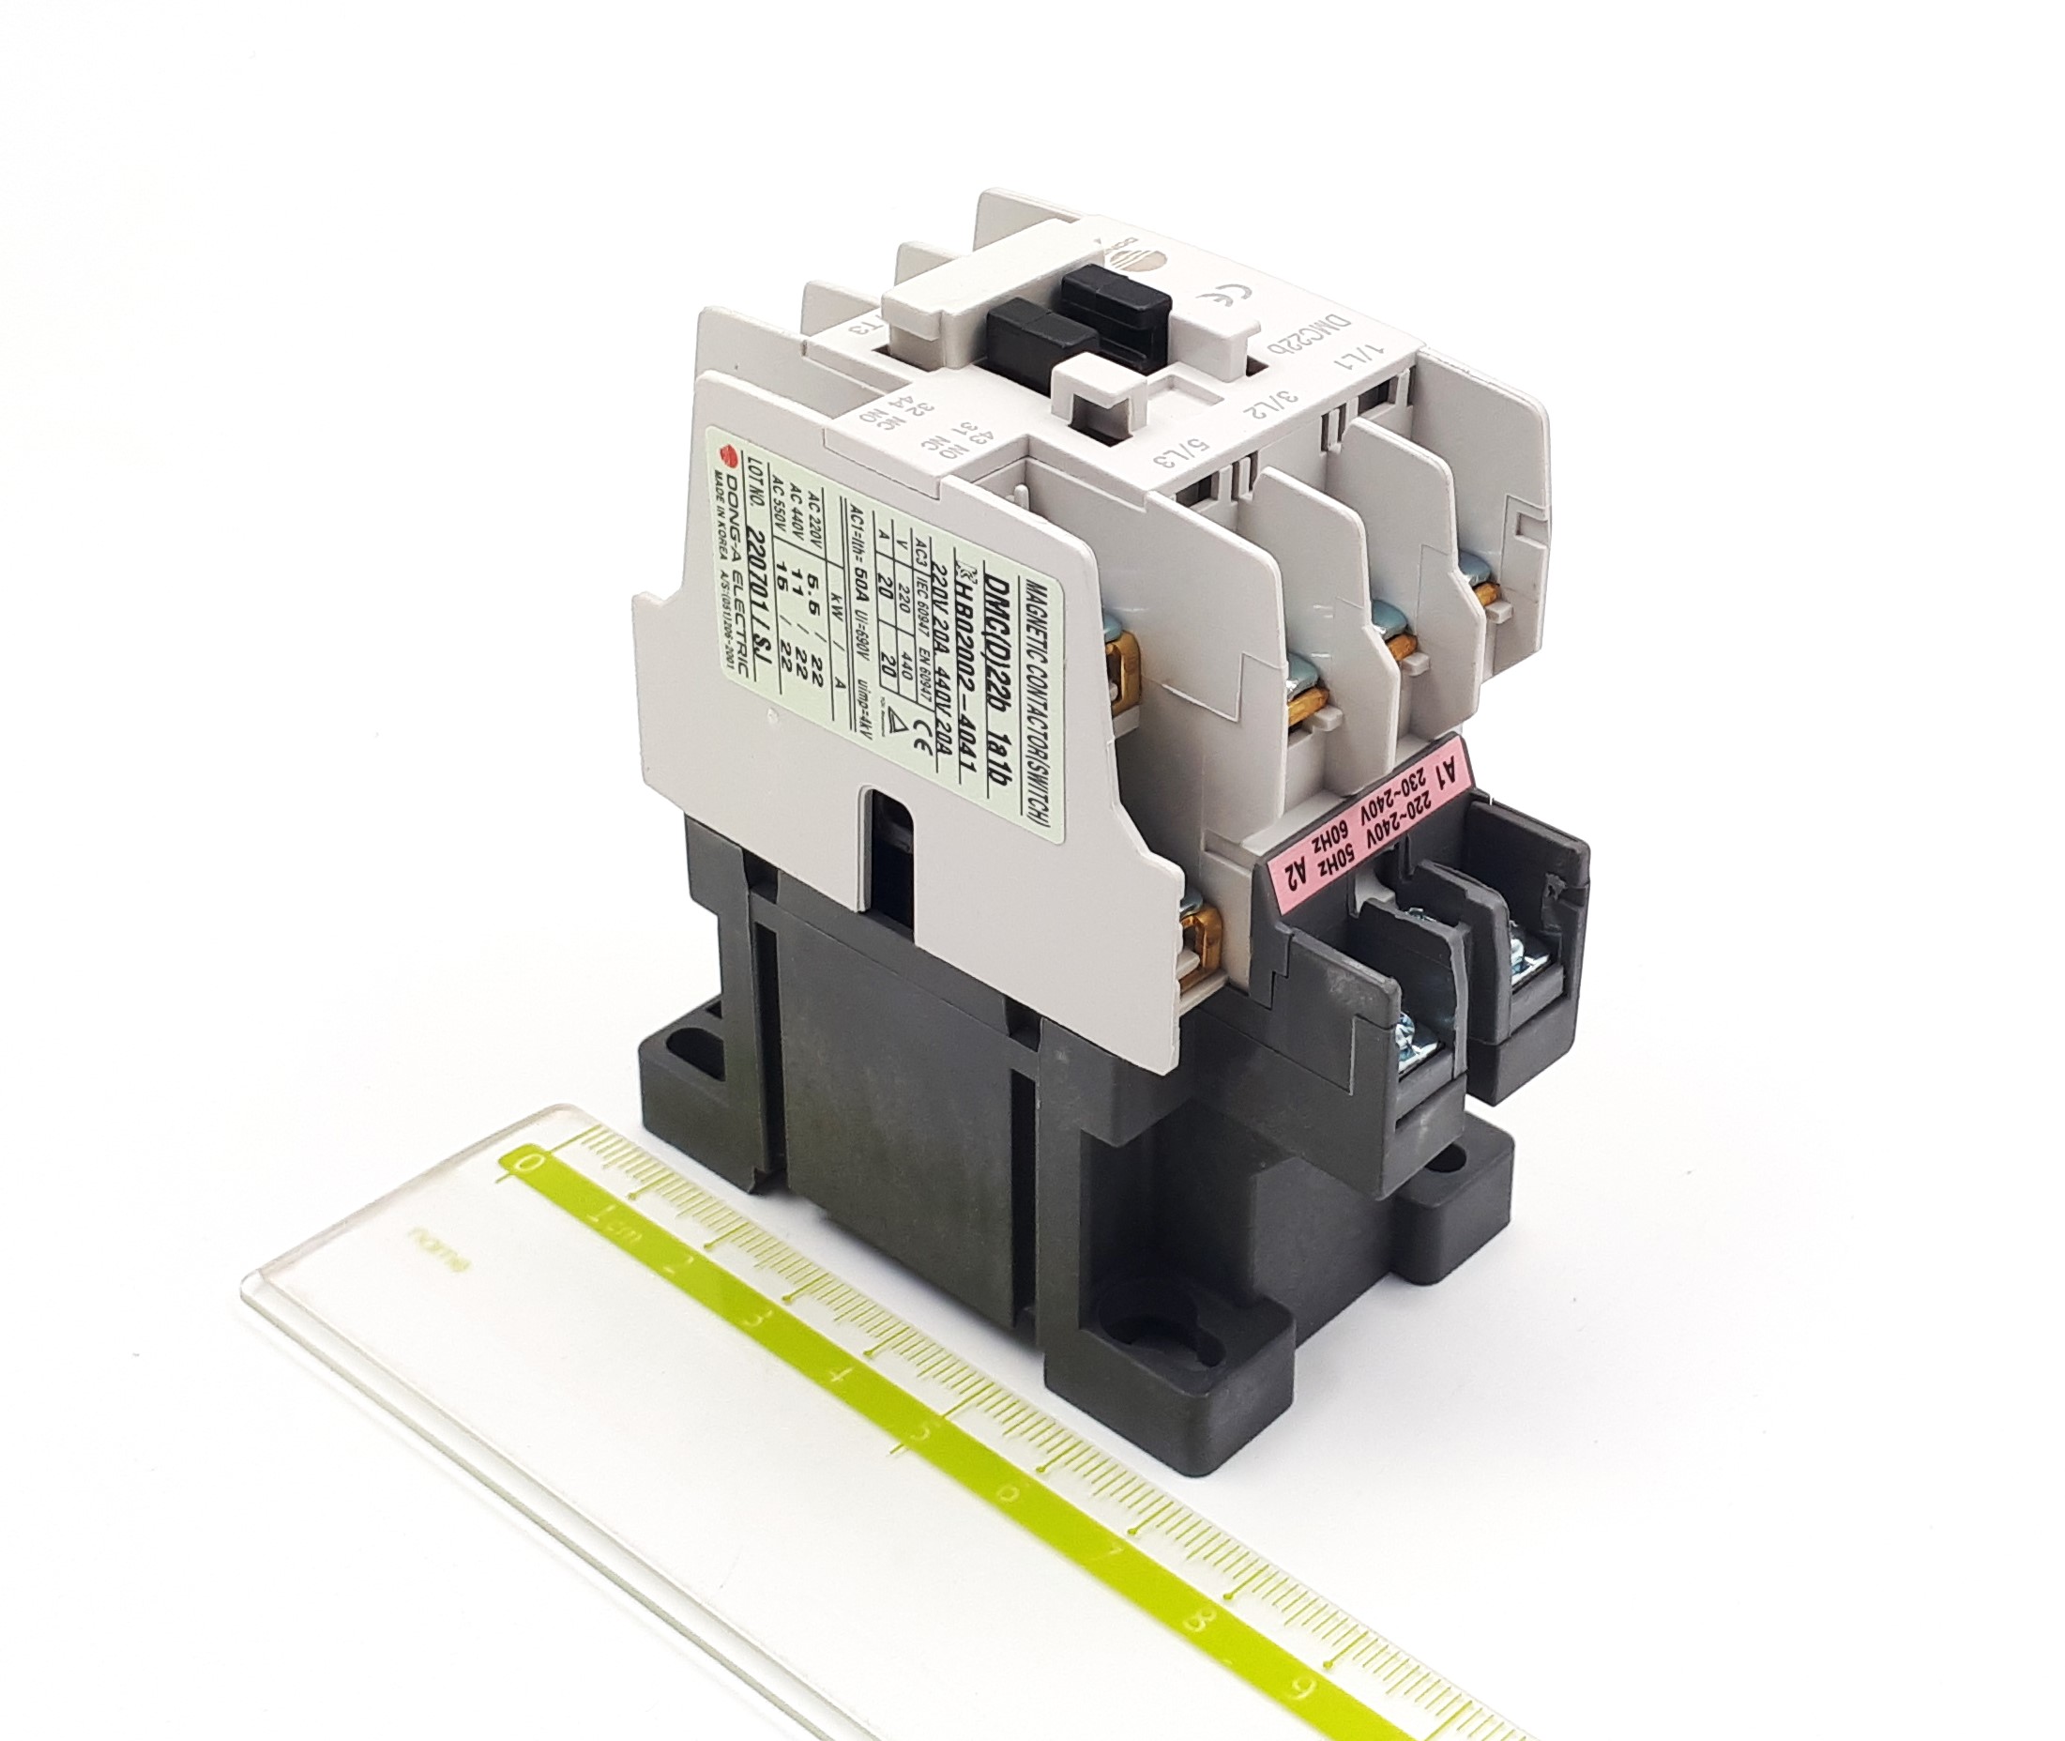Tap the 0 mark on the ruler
tap(534, 1163)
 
